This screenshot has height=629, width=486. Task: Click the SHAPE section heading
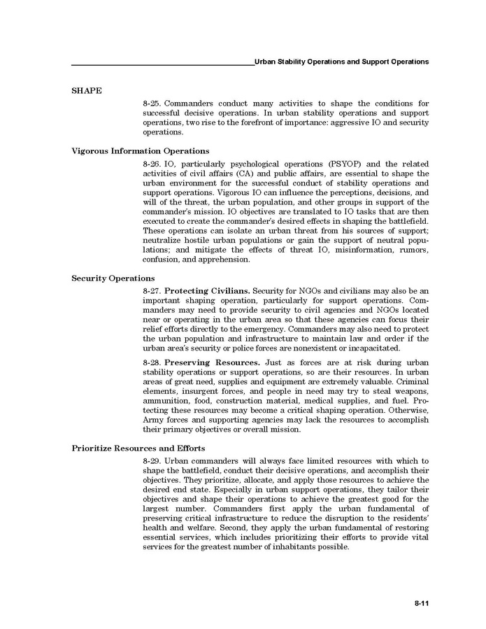point(87,90)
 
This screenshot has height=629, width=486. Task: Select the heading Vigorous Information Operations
point(141,150)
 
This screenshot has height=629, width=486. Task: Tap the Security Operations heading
point(113,278)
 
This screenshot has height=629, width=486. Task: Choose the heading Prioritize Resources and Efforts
point(138,448)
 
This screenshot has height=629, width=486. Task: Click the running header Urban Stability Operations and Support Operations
point(341,62)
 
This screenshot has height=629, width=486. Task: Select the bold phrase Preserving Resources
point(213,362)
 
